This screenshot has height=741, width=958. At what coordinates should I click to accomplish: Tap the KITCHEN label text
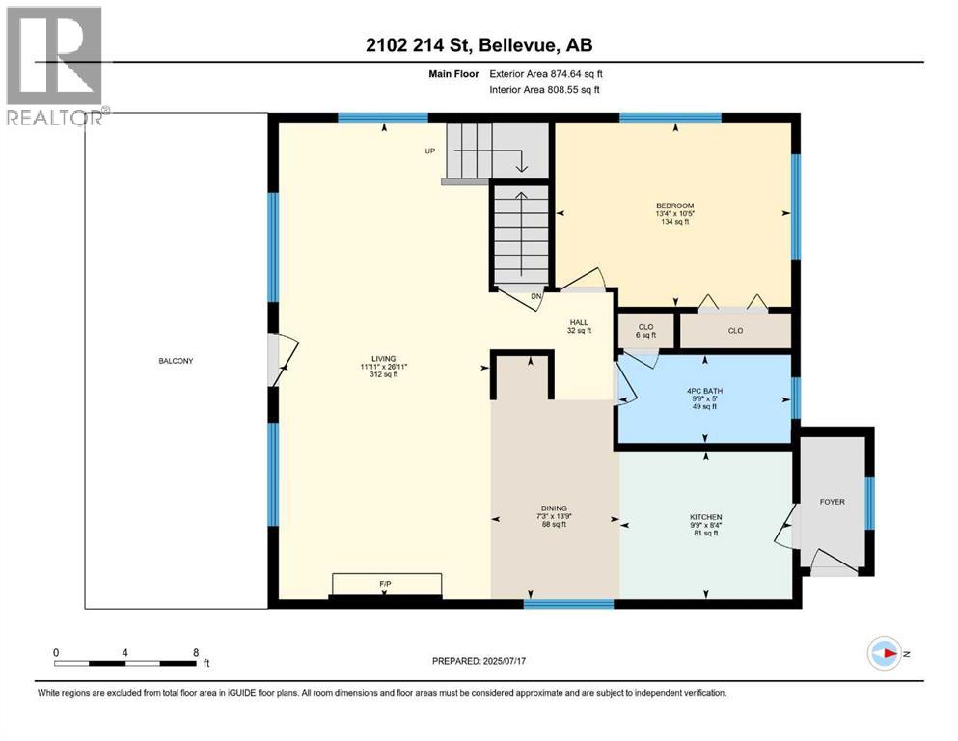[x=705, y=517]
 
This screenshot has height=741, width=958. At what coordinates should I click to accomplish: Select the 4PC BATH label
[x=705, y=392]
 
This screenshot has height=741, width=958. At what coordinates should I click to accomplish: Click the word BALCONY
[x=177, y=361]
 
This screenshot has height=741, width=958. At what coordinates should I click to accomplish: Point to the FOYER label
[x=832, y=501]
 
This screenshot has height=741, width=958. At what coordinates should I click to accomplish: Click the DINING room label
[x=554, y=508]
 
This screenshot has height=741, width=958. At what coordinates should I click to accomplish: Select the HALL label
[x=578, y=322]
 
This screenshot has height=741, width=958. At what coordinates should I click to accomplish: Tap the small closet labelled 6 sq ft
[x=645, y=332]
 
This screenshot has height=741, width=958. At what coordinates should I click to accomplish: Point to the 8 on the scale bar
[x=196, y=652]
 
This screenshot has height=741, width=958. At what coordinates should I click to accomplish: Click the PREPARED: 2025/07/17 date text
[x=479, y=661]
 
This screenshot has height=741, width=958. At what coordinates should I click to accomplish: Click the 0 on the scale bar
[x=56, y=652]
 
